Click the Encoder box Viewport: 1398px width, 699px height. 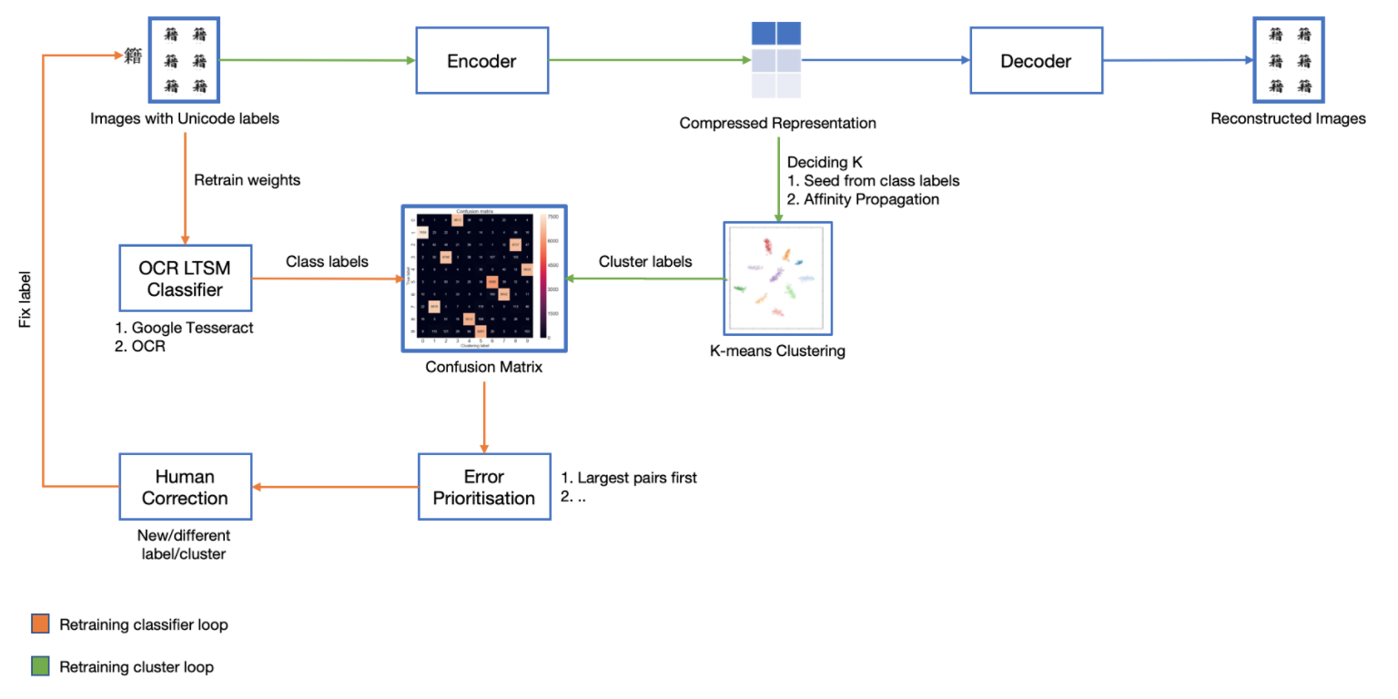(x=481, y=61)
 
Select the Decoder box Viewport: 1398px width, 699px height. (x=1036, y=61)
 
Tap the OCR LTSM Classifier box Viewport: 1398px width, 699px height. (x=186, y=278)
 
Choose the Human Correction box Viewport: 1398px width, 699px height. (x=185, y=487)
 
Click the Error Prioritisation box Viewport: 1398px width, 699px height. (x=484, y=487)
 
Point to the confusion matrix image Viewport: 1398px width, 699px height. (x=483, y=279)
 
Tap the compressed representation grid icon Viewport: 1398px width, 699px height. (x=775, y=60)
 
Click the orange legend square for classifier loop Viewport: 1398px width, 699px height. (x=40, y=624)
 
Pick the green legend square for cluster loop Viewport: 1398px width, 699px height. (x=40, y=666)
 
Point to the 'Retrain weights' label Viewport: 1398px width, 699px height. (x=247, y=180)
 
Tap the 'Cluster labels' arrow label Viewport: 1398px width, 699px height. (x=645, y=261)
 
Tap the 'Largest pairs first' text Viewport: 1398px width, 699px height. (x=637, y=477)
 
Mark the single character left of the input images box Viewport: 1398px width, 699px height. (x=133, y=58)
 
